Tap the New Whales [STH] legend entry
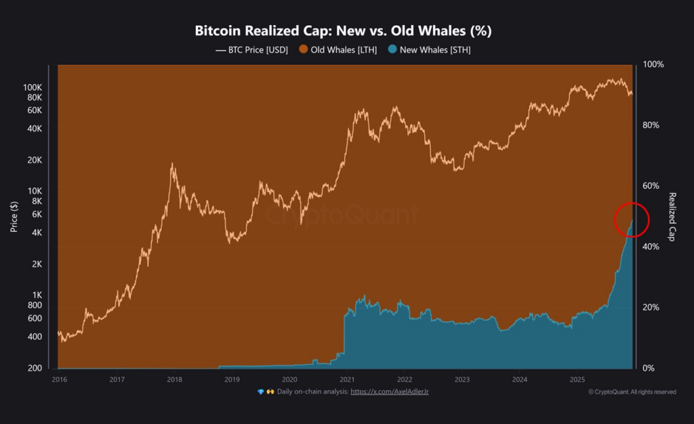430,50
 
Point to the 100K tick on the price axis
33,88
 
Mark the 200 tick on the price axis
35,368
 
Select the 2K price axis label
37,264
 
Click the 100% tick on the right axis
653,64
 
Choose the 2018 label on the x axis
174,379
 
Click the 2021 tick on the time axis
347,379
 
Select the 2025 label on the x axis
577,379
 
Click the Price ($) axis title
14,217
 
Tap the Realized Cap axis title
673,217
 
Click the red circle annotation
632,220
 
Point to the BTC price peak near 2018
173,164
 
